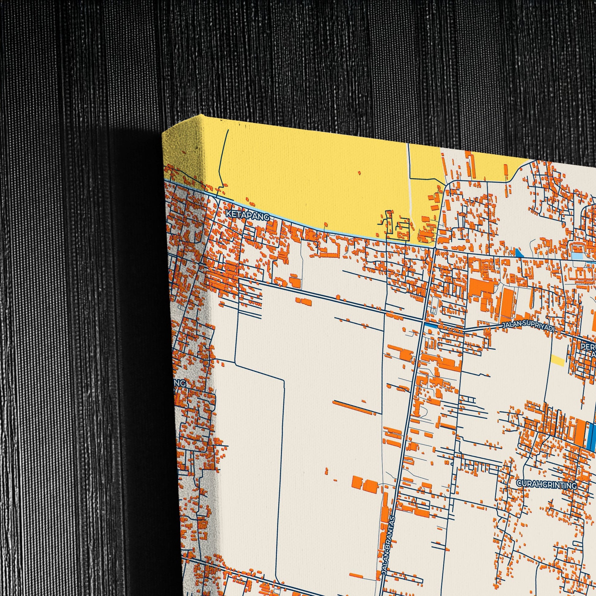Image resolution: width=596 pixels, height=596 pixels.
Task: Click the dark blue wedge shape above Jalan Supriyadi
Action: (519, 253)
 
